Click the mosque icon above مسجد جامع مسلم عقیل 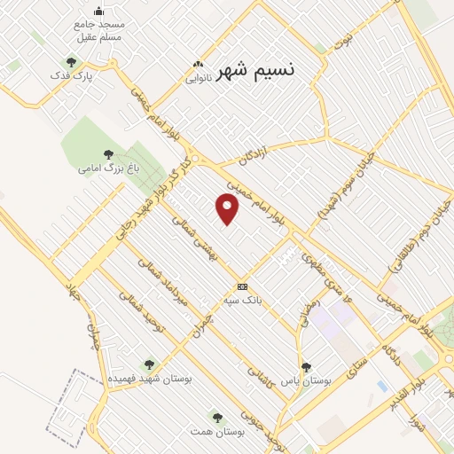pos(98,11)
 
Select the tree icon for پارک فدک pos(70,62)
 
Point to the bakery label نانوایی pos(198,77)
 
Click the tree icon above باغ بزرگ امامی pos(108,154)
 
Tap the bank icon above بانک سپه pos(242,286)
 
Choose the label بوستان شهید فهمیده pos(151,378)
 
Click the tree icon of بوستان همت pos(215,416)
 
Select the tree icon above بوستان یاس pos(306,366)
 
